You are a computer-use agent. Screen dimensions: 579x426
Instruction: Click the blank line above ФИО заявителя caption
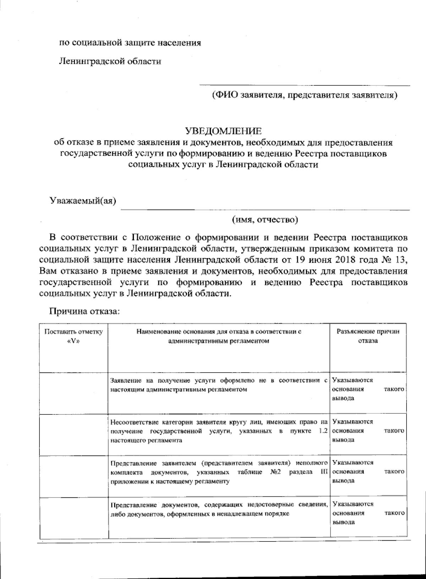(x=305, y=85)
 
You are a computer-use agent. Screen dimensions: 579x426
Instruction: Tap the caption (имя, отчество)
(x=265, y=220)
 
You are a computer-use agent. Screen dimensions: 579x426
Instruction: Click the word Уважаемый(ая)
(x=84, y=200)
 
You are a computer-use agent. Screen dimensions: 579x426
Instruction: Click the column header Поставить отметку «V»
(x=73, y=336)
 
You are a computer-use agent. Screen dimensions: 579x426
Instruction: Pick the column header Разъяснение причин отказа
(x=368, y=336)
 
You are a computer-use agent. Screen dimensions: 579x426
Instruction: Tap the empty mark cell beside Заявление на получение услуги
(x=73, y=393)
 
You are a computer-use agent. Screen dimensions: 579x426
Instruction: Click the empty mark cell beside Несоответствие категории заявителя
(x=73, y=435)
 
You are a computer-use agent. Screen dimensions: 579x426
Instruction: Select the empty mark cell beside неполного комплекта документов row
(x=73, y=476)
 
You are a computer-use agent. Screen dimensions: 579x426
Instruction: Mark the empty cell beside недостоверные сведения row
(x=73, y=518)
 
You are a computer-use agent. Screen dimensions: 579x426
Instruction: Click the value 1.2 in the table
(x=322, y=431)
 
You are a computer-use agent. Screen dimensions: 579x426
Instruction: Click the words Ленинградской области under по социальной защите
(x=110, y=61)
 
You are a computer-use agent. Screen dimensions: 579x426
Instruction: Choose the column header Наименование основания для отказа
(x=219, y=336)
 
